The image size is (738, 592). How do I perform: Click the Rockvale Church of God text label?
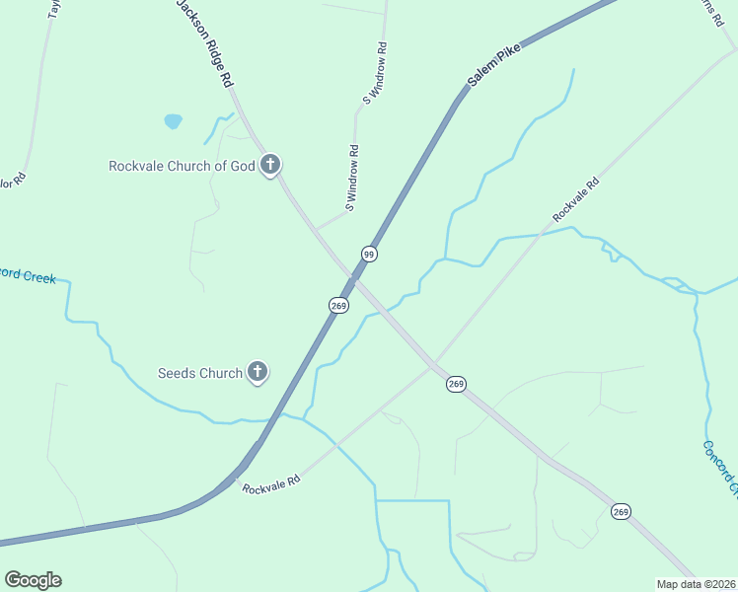pos(182,166)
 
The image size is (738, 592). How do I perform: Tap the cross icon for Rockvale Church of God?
pos(271,165)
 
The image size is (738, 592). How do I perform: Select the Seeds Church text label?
pos(200,373)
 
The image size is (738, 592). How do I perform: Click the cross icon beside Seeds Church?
pos(258,372)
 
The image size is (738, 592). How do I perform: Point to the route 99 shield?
pos(369,254)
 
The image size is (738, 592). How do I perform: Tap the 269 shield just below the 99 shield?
pos(338,306)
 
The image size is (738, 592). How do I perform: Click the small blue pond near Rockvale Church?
pos(173,121)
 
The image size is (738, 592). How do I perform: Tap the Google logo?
pos(33,580)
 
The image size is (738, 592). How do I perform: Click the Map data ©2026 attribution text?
pos(697,584)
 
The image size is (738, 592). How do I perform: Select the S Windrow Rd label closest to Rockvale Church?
pos(350,179)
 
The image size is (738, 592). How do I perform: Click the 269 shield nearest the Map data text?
pos(621,510)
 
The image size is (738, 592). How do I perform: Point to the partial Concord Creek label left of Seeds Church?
pos(28,274)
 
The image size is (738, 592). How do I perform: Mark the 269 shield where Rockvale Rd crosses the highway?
pos(455,383)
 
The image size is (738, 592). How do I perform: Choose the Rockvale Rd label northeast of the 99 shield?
pos(576,198)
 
